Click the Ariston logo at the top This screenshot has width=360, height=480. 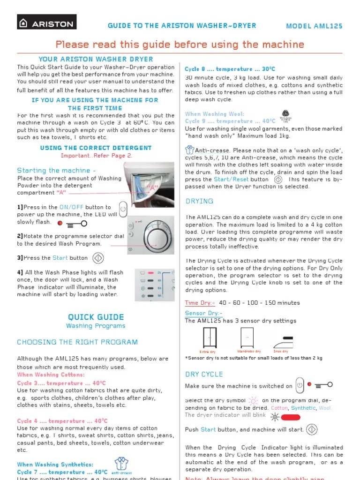pyautogui.click(x=47, y=22)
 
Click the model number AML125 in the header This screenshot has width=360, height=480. pyautogui.click(x=314, y=26)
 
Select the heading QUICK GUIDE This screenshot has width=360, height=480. pyautogui.click(x=96, y=317)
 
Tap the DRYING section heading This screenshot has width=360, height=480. pyautogui.click(x=199, y=201)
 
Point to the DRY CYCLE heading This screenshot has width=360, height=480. pyautogui.click(x=204, y=374)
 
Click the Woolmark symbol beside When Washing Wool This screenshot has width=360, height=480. pyautogui.click(x=285, y=115)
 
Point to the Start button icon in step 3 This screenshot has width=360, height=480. pyautogui.click(x=98, y=258)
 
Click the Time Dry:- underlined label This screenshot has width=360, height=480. pyautogui.click(x=200, y=303)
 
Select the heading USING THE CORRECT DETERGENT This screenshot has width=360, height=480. pyautogui.click(x=96, y=148)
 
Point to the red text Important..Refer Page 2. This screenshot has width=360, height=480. pyautogui.click(x=96, y=156)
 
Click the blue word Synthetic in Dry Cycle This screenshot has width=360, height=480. pyautogui.click(x=303, y=408)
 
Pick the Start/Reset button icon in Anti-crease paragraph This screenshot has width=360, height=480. pyautogui.click(x=278, y=179)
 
